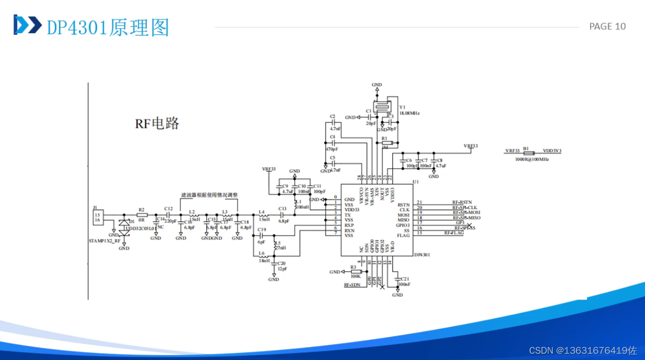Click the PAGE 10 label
tap(607, 27)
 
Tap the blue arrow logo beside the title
tap(27, 25)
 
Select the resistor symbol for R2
tap(141, 215)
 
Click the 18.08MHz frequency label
tap(409, 113)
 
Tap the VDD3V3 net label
tap(552, 151)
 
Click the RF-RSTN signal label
tap(462, 203)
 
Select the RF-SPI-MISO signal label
tap(467, 218)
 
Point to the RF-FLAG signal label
tap(454, 233)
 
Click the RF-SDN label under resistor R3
tap(352, 285)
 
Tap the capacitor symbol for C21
tap(398, 279)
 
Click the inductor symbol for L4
tap(263, 215)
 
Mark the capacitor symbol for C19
tap(261, 235)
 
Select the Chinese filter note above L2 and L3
tap(209, 195)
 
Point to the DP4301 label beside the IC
tap(422, 254)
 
